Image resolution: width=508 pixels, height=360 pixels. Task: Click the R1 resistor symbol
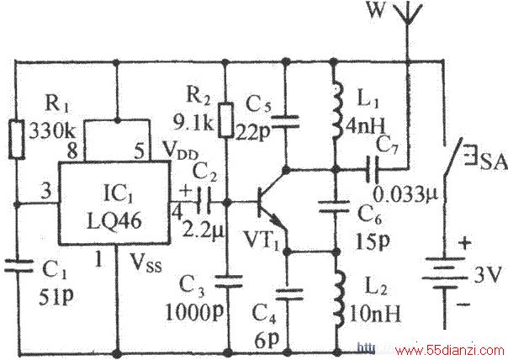coord(16,140)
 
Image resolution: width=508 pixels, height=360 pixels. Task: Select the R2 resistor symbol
coord(225,120)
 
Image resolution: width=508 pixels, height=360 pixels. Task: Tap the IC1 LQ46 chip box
coord(114,203)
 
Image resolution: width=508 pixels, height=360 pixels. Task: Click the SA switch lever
coord(452,158)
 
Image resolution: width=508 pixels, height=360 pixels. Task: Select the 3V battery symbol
coord(444,273)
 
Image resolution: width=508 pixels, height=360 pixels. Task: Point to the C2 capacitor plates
coord(204,199)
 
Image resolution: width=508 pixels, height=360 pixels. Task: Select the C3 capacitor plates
coord(229,281)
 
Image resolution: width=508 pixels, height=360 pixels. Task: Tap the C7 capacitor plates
coord(372,169)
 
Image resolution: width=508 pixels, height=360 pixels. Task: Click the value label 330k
coord(52,131)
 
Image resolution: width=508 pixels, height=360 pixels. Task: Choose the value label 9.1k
coord(193,124)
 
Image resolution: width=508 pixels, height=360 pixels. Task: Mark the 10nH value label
coord(374,314)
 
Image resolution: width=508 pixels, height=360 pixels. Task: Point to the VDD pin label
coord(180,150)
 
